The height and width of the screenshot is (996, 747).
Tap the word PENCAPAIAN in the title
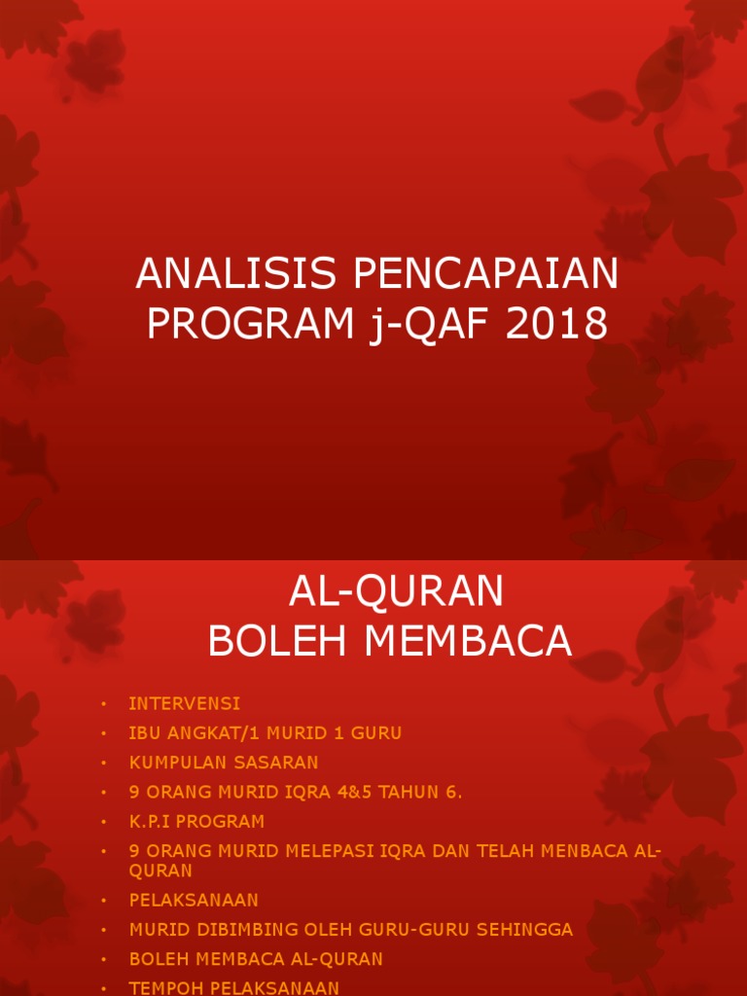(x=485, y=275)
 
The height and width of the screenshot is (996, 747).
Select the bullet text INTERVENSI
(x=184, y=703)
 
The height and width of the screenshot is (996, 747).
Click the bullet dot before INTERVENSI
(x=102, y=704)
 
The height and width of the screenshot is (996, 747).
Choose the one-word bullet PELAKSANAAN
(x=194, y=901)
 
